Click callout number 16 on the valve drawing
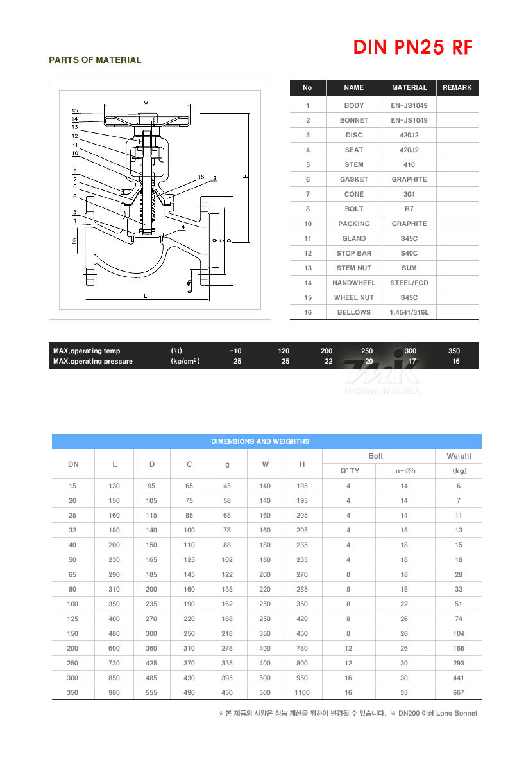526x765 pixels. [201, 177]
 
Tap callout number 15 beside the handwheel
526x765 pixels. [74, 110]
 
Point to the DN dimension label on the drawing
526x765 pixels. [74, 240]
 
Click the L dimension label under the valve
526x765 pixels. [145, 296]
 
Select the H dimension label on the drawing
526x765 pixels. [246, 176]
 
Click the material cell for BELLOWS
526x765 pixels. [409, 312]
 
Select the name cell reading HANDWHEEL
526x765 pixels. [354, 283]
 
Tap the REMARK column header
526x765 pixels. [457, 87]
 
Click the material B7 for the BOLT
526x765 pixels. [409, 209]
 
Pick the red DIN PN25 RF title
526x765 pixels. [413, 48]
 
